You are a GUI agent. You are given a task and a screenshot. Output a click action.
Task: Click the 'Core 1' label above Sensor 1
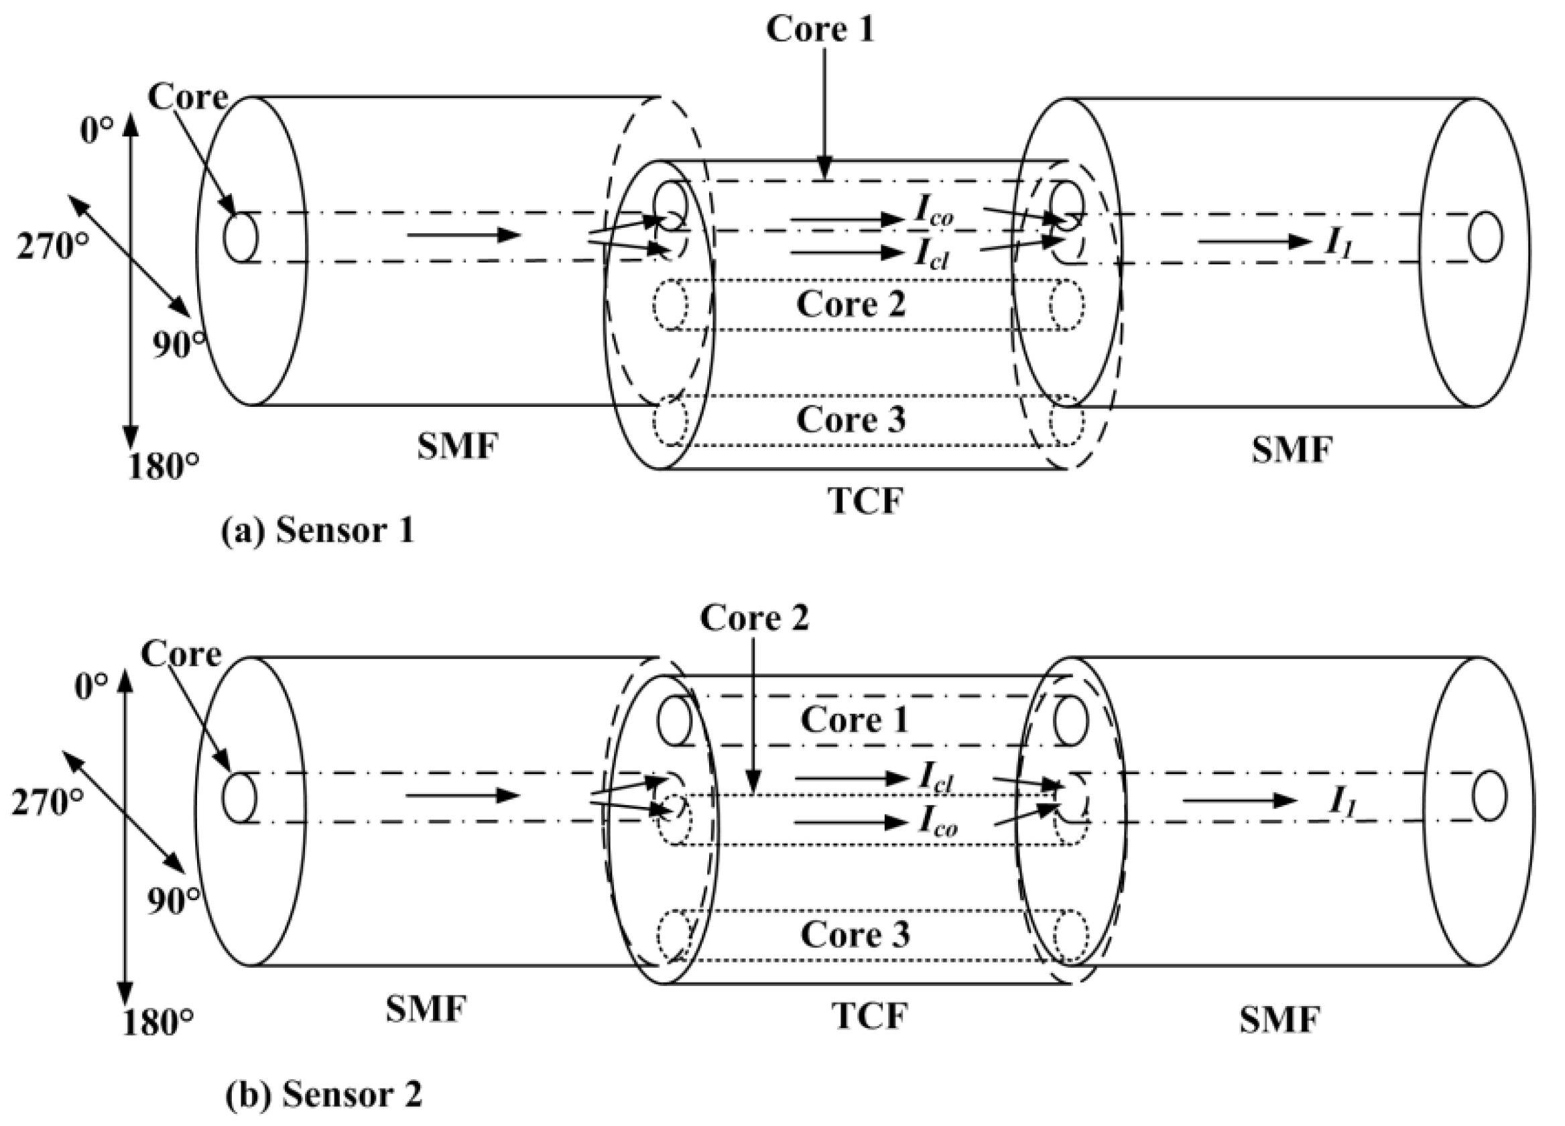(820, 29)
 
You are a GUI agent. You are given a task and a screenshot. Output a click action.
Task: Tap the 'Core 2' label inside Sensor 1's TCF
(850, 304)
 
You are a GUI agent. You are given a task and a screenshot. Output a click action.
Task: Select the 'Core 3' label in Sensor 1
(850, 419)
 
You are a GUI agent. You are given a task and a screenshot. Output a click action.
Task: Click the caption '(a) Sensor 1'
(318, 531)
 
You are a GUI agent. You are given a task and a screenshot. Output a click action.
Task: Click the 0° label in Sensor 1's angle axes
(96, 131)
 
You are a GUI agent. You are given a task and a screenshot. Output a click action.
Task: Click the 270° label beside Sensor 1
(53, 247)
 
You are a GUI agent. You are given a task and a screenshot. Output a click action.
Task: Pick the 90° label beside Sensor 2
(173, 901)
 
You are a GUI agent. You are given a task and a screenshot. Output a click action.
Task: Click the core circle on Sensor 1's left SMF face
(240, 237)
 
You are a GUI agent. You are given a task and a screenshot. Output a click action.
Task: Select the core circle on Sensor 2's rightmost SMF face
(1489, 796)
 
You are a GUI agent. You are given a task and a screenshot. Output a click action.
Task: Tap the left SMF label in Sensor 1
(457, 447)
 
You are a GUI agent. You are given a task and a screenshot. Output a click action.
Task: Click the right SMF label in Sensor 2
(1279, 1019)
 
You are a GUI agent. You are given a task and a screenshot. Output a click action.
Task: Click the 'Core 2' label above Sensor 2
(753, 617)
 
